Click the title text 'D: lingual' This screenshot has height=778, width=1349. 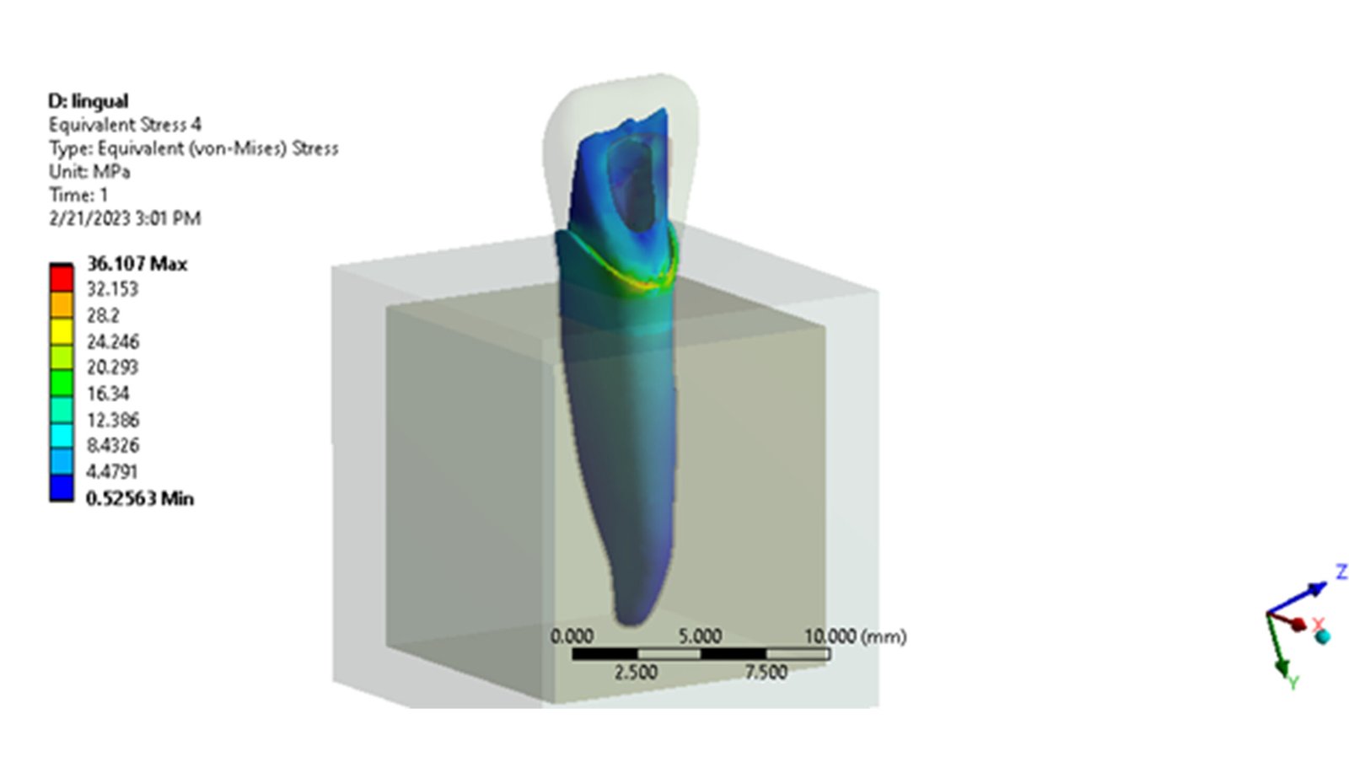(x=88, y=101)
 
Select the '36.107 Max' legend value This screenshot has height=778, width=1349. (x=137, y=264)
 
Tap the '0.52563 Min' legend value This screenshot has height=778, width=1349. (x=140, y=499)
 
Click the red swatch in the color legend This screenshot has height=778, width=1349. (x=62, y=279)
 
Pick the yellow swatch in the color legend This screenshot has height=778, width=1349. (x=62, y=331)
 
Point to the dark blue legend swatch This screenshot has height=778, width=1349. (x=62, y=488)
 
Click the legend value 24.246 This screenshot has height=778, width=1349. (x=113, y=342)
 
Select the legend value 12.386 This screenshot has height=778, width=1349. (x=113, y=420)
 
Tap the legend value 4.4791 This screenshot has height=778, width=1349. (x=112, y=471)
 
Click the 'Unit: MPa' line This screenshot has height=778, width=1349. (x=89, y=172)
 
